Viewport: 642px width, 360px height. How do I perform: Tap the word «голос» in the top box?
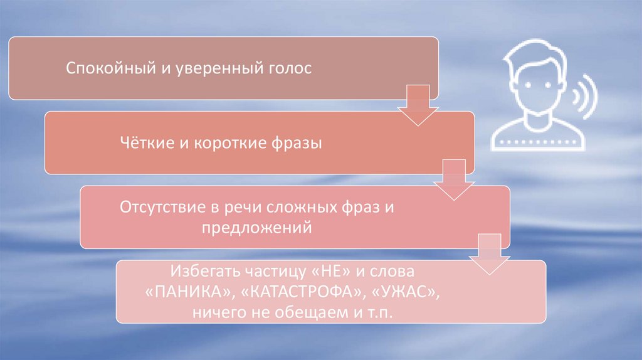290,68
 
